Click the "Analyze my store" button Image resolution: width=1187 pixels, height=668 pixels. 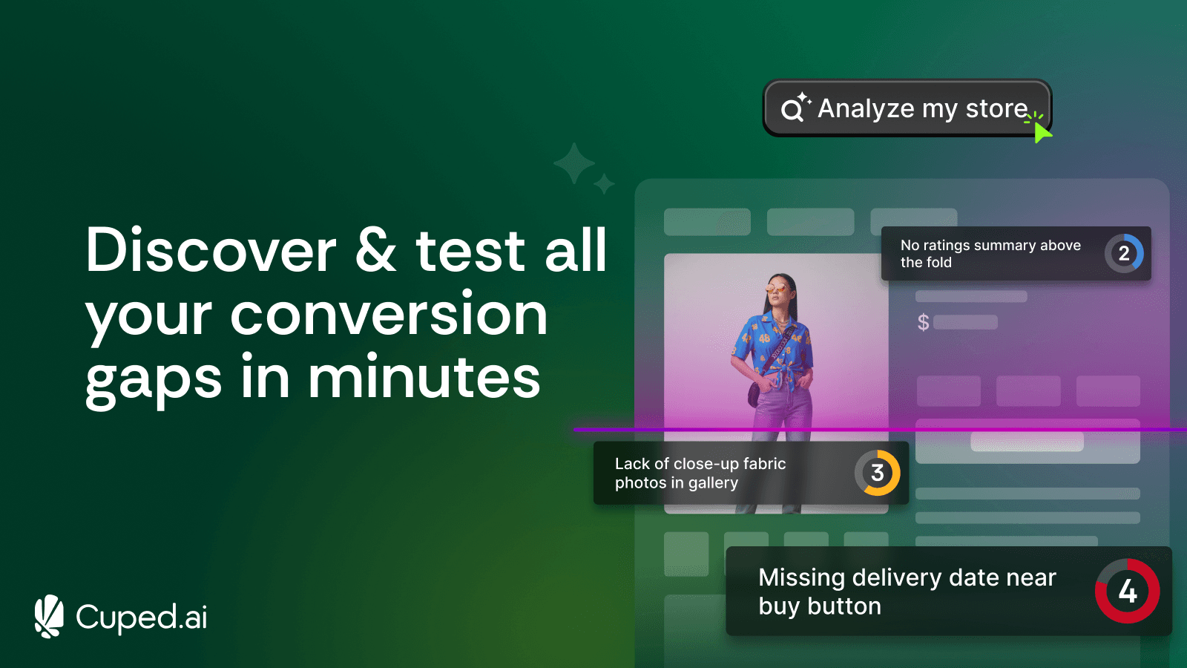coord(907,108)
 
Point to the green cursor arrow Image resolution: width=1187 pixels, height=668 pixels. coord(1042,133)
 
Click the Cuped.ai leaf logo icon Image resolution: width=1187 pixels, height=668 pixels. coord(49,616)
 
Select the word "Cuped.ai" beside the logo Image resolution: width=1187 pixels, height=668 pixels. coord(142,618)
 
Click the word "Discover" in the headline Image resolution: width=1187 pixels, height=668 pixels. coord(211,251)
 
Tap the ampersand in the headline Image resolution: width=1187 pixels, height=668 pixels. coord(375,251)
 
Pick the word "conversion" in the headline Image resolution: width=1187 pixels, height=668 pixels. coord(389,315)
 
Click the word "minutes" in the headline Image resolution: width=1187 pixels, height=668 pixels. coord(424,378)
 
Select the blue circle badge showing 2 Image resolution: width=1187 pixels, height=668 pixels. coord(1124,254)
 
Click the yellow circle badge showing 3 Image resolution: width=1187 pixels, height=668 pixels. coord(878,473)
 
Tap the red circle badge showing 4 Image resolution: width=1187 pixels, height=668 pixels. coord(1128,592)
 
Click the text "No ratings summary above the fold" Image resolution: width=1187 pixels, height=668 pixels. coord(990,254)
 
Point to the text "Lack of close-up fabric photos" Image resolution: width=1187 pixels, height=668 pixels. coord(700,474)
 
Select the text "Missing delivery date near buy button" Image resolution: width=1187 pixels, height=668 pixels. coord(907,592)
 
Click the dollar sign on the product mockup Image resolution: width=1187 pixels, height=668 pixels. coord(923,322)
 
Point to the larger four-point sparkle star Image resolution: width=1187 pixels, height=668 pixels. coord(574,163)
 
